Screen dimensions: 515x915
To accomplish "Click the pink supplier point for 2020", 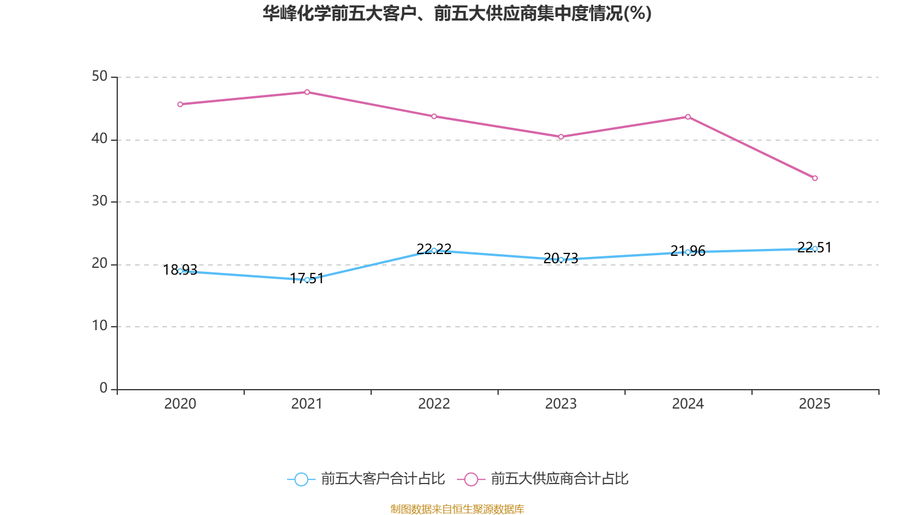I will point(180,104).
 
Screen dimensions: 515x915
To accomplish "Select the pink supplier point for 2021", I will point(307,92).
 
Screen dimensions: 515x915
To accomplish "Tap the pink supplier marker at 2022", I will point(434,116).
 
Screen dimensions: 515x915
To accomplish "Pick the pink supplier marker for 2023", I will point(561,137).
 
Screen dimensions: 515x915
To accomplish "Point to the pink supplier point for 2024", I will point(688,117).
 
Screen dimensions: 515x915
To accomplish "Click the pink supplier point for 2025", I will point(815,178).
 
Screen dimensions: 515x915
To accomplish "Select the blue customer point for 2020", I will point(180,271).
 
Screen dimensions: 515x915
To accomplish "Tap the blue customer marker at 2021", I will point(307,280).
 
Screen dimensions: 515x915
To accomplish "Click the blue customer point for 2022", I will point(434,250).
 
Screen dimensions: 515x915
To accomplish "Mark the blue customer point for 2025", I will point(815,248).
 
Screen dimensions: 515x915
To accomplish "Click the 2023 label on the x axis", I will point(561,404).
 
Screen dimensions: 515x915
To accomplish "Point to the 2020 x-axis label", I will point(180,404).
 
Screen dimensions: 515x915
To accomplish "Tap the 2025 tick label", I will point(815,404).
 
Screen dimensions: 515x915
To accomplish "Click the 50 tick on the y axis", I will point(100,77).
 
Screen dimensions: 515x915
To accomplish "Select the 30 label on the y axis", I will point(100,201).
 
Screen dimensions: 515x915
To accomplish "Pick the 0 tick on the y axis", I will point(104,389).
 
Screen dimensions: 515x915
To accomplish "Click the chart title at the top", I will point(457,14).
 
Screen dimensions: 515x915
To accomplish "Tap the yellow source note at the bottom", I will point(457,509).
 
